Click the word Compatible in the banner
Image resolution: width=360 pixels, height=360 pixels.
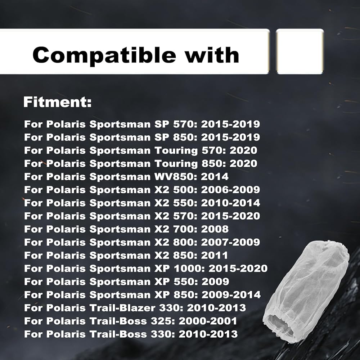tap(104, 55)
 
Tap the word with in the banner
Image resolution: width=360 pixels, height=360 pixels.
tap(212, 55)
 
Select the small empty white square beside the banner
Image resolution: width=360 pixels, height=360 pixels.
tap(300, 51)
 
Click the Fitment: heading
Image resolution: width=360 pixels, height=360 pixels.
tap(57, 102)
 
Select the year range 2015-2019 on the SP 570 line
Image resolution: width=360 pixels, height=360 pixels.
tap(230, 124)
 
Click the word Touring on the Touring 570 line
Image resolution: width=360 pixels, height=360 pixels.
tap(176, 151)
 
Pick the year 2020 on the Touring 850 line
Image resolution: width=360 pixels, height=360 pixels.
tap(243, 163)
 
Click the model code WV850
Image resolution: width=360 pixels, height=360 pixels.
tap(175, 176)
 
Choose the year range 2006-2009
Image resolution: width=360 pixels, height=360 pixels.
tap(230, 190)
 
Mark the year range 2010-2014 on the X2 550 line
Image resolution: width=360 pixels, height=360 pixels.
tap(230, 203)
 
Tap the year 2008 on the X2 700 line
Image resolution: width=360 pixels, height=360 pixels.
tap(215, 229)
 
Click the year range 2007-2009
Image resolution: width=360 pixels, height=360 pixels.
tap(230, 242)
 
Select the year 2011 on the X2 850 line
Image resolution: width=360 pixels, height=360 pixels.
tap(215, 255)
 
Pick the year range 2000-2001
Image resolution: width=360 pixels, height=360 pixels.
tap(208, 321)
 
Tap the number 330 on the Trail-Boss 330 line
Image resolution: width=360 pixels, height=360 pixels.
tap(163, 334)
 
